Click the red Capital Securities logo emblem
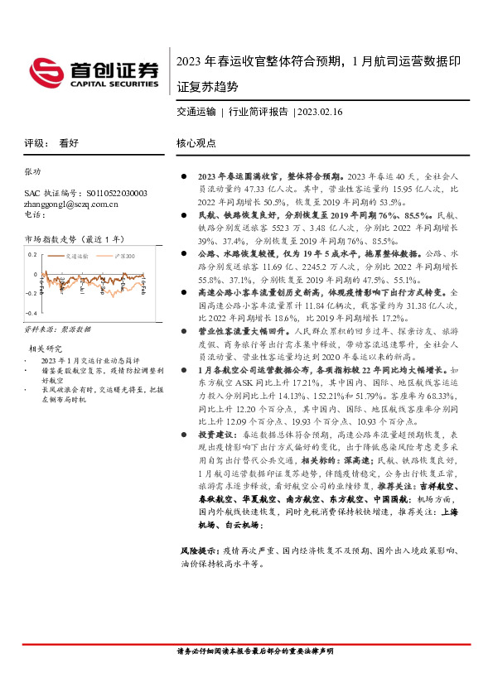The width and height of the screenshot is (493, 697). point(43,70)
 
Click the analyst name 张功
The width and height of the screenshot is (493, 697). point(31,171)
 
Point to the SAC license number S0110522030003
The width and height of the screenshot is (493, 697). point(108,192)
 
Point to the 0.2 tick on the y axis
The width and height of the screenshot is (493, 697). point(31,254)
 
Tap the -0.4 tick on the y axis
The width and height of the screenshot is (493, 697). point(30,314)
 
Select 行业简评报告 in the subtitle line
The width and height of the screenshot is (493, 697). point(258,110)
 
